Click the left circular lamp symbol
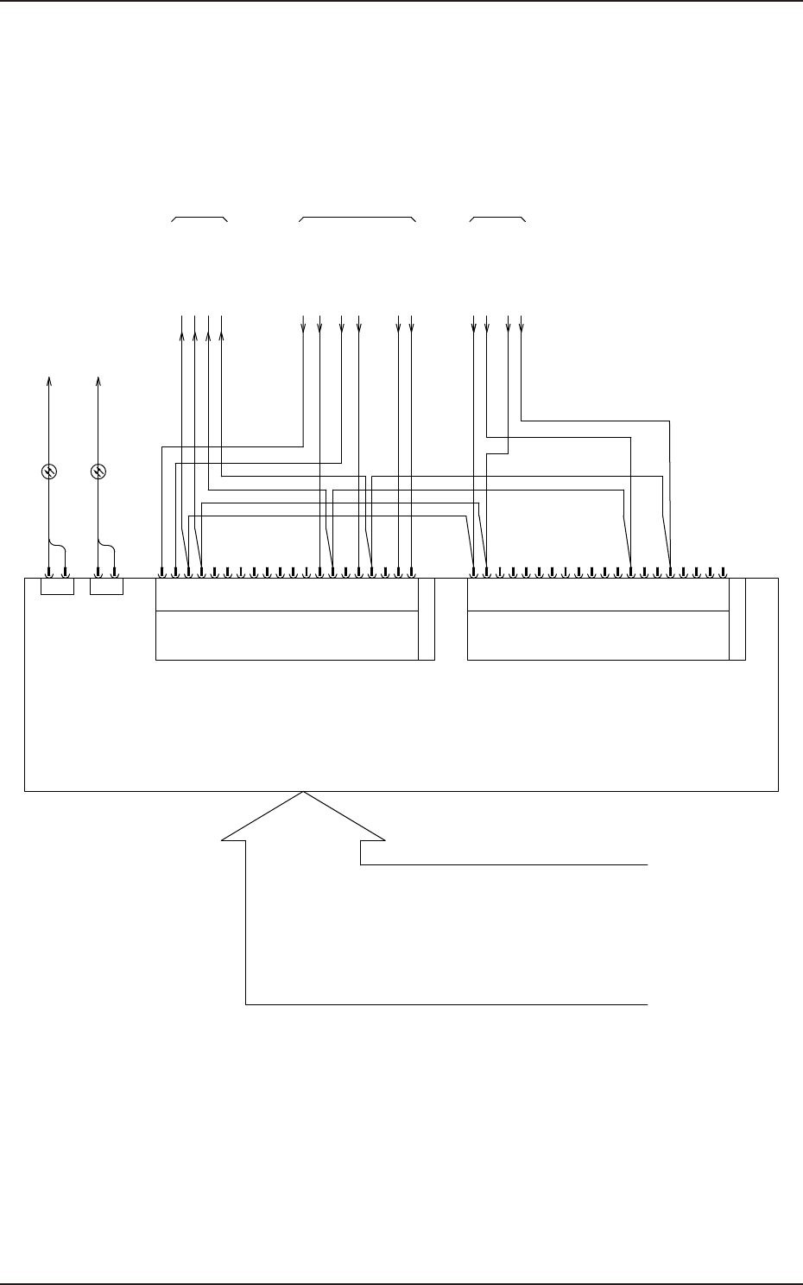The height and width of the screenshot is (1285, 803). [49, 472]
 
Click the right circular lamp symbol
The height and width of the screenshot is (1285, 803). [98, 472]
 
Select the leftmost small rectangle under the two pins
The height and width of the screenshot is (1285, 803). [57, 587]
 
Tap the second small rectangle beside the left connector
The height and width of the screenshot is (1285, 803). [107, 587]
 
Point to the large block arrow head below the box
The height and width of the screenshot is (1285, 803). [303, 817]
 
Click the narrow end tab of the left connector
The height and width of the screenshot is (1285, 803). [426, 619]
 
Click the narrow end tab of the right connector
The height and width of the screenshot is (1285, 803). [737, 619]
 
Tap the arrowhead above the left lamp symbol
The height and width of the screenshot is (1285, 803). [49, 381]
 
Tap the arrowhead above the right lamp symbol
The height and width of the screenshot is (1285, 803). [98, 381]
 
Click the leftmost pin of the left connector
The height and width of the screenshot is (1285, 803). [162, 571]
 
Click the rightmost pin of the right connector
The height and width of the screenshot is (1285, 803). [724, 571]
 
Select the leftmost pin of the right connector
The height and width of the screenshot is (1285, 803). [474, 571]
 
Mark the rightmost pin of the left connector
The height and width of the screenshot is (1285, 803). [411, 571]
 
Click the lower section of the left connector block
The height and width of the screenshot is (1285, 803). [286, 636]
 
